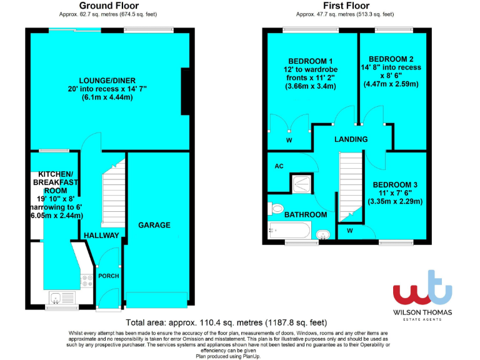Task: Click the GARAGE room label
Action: [154, 225]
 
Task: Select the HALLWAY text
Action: [101, 236]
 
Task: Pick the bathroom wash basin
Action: [323, 234]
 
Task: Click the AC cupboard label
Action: [279, 167]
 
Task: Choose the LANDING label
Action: [351, 139]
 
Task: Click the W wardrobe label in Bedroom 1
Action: [289, 141]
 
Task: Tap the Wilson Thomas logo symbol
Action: [422, 289]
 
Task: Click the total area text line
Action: [226, 323]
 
